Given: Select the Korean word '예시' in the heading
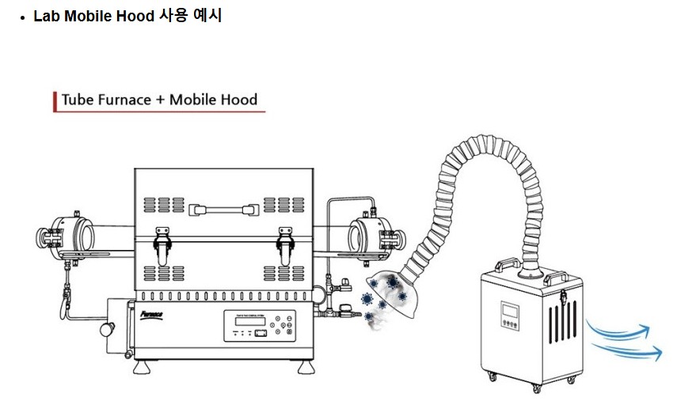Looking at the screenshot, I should tap(207, 16).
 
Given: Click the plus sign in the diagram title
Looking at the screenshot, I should tap(158, 100).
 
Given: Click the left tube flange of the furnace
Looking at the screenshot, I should tap(70, 236).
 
